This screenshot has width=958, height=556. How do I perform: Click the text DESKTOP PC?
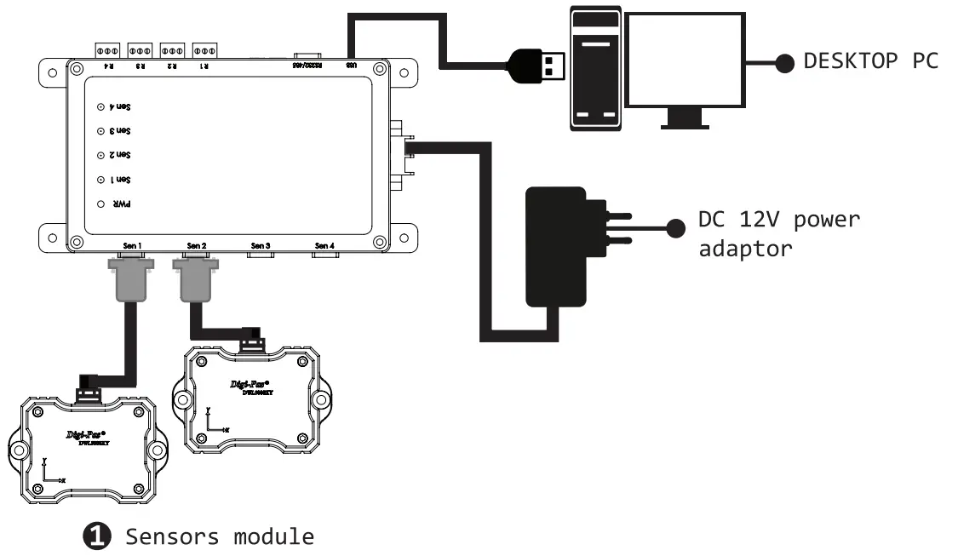tap(870, 61)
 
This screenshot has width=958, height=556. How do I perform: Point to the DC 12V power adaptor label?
tap(778, 233)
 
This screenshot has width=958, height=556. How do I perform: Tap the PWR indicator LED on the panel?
tap(100, 204)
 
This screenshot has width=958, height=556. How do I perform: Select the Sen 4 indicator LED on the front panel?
tap(100, 107)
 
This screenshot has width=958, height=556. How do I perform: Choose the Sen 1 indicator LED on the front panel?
tap(100, 180)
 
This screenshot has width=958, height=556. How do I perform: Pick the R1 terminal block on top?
tap(206, 49)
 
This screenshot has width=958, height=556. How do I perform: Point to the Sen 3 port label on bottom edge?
tap(261, 247)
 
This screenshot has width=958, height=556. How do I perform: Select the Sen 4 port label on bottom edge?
tap(324, 247)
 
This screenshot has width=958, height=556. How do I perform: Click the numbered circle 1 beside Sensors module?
tap(97, 536)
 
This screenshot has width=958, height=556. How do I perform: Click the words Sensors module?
tap(220, 536)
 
